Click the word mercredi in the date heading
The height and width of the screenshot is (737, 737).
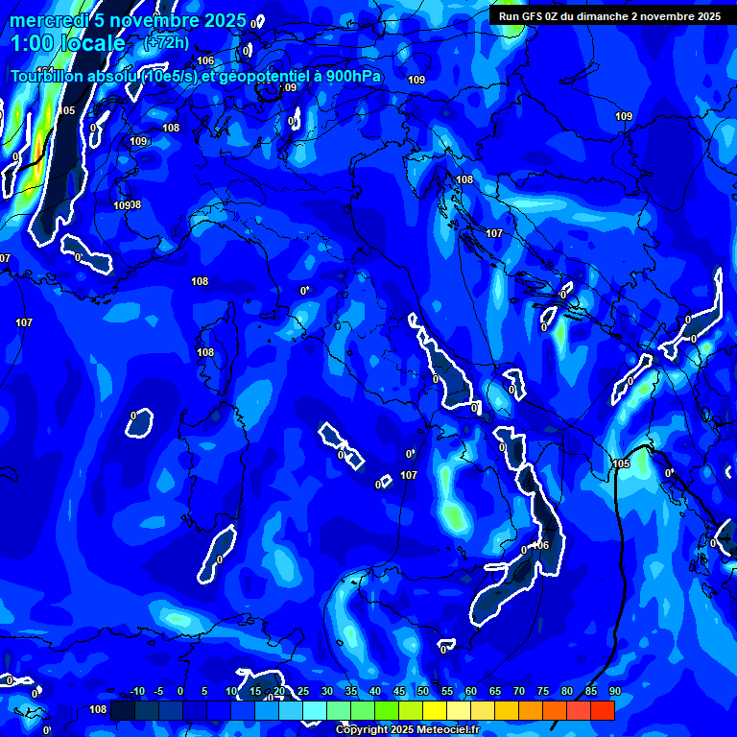(48, 21)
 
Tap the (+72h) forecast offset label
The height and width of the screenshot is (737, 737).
(166, 42)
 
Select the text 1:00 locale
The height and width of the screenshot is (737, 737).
(67, 43)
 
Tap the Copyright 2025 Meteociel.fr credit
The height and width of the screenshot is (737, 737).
(407, 730)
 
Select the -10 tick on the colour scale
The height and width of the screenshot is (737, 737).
(136, 692)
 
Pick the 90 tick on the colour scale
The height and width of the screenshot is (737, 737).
(615, 692)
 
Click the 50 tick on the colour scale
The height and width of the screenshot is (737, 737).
(423, 692)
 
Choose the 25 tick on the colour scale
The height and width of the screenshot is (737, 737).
(303, 692)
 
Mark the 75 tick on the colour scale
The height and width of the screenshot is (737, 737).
(543, 692)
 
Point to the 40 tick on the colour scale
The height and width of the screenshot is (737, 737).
(375, 692)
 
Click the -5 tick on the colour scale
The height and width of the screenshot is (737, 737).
(158, 692)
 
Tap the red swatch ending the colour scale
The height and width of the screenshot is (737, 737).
(602, 710)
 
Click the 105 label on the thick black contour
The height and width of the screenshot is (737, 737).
(621, 464)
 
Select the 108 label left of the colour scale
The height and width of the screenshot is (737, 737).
(98, 710)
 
